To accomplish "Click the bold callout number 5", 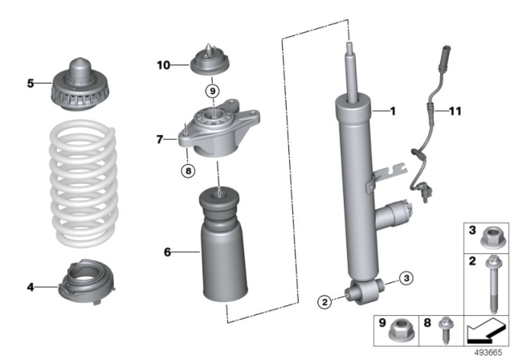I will point(31,81).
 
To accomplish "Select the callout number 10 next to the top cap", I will point(163,64).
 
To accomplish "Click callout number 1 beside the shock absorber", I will point(394,111).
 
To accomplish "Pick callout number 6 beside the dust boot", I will point(167,252).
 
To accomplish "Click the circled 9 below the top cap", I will point(212,91).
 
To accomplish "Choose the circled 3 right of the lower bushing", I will point(406,278).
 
